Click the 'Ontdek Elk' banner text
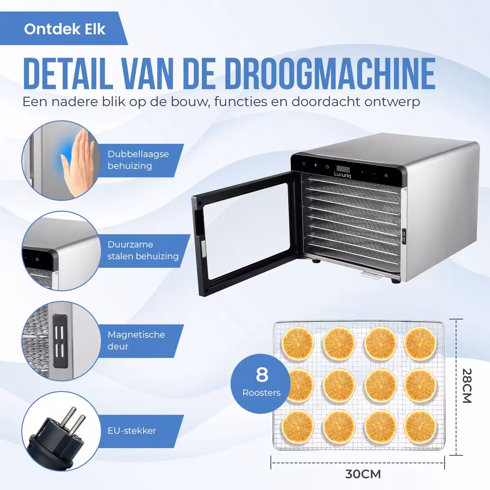coord(65,29)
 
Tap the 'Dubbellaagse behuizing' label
coord(138,160)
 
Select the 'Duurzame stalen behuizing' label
coord(143,250)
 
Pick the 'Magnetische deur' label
coord(136,341)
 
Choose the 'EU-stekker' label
coord(132,431)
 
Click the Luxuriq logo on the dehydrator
coord(343,175)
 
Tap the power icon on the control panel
coord(304,163)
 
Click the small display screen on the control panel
coord(343,169)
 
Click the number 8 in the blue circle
coord(262,374)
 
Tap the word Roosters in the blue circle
coord(261,393)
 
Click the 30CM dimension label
coord(363,474)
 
